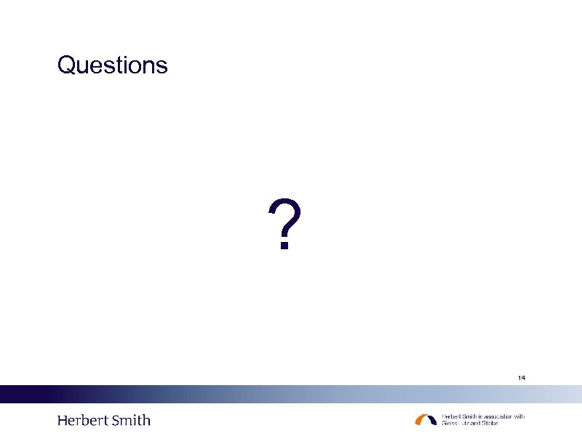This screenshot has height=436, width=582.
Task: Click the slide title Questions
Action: pyautogui.click(x=112, y=65)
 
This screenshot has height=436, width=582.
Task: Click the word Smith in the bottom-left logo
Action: pyautogui.click(x=131, y=420)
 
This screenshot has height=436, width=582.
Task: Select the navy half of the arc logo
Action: pyautogui.click(x=432, y=419)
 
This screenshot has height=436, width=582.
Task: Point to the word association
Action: pyautogui.click(x=497, y=416)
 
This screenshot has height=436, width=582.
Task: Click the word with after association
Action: pyautogui.click(x=519, y=416)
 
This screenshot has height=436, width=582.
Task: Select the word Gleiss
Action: pyautogui.click(x=450, y=423)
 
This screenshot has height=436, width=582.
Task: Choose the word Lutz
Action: pyautogui.click(x=463, y=423)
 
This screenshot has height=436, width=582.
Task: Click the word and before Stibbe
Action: pyautogui.click(x=475, y=423)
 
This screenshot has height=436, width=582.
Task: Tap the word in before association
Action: pyautogui.click(x=480, y=416)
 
